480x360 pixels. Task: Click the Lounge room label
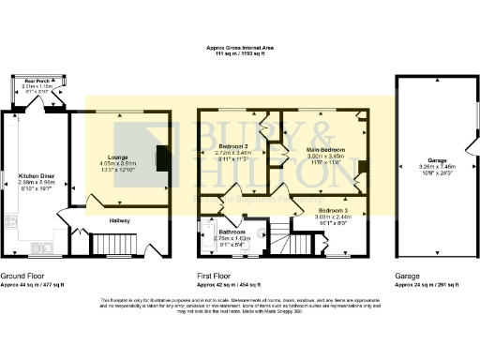coord(117,157)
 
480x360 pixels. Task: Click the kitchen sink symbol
coord(40,248)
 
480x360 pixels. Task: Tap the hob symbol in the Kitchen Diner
coord(10,223)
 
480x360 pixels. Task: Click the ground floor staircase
coord(112,245)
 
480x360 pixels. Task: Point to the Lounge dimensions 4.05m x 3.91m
coord(117,164)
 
